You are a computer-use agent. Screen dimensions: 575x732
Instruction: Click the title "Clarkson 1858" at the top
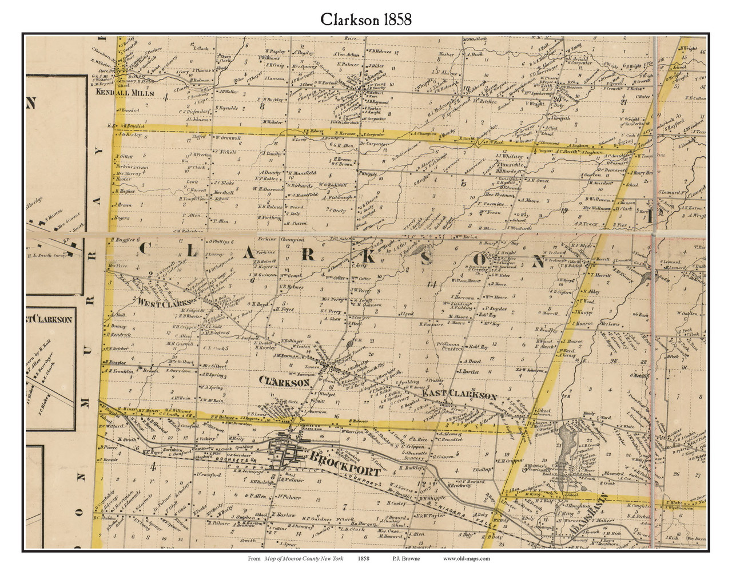coord(365,19)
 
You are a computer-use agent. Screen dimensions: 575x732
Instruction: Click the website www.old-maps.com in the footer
coord(466,559)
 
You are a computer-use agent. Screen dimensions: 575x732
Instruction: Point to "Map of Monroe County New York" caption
coord(304,559)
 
